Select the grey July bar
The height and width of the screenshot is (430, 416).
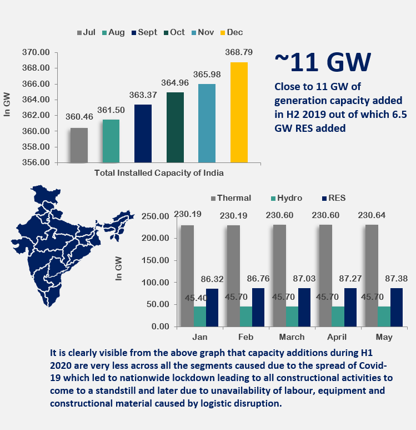79,145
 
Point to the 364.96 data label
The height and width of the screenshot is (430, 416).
175,82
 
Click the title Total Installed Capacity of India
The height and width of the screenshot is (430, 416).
159,173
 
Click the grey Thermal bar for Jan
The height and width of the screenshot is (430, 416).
187,275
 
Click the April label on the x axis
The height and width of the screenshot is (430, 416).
337,337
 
